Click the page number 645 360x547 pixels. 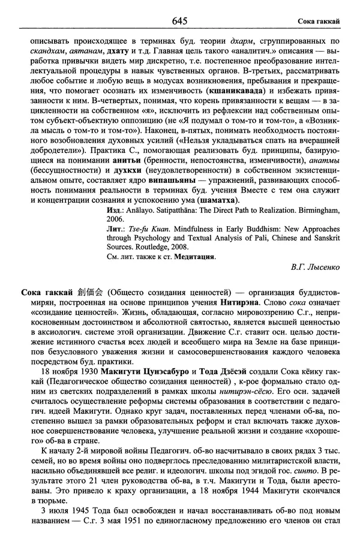point(180,21)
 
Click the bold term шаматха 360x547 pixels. point(215,199)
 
